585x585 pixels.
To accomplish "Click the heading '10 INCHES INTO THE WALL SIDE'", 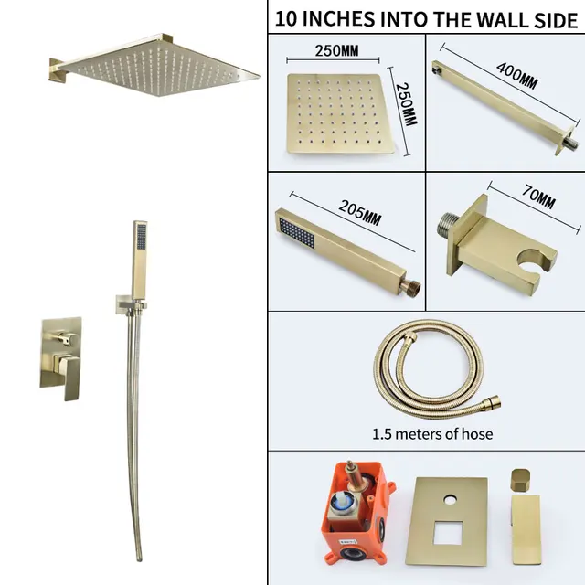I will click(x=426, y=17).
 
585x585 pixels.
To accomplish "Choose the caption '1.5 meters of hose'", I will click(x=432, y=433).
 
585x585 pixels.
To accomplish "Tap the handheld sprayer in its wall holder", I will click(x=138, y=261).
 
